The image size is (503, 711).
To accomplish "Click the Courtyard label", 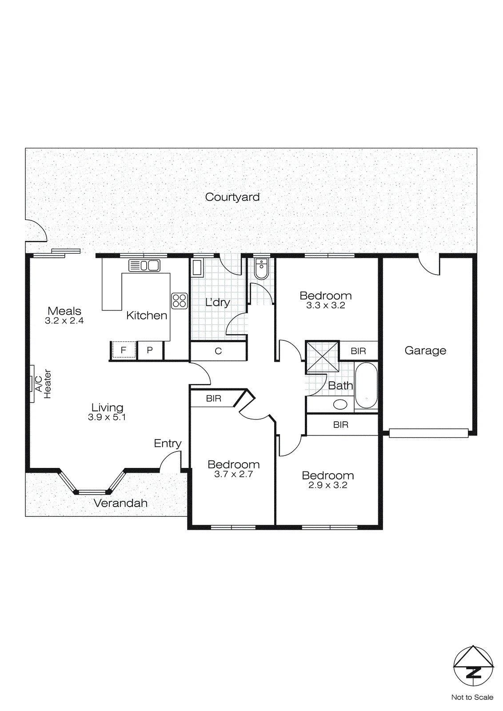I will tap(232, 197).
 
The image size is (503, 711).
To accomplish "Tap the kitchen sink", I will tap(144, 265).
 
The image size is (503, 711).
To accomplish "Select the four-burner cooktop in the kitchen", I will tap(179, 301).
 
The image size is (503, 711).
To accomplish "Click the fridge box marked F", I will tap(123, 350).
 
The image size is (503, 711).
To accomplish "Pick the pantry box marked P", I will tap(150, 350).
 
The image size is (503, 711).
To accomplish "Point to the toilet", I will tap(261, 268).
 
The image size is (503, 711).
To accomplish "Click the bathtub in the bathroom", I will tap(366, 385).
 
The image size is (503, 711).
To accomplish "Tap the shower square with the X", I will tap(322, 356).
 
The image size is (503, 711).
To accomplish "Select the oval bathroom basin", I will tap(340, 404).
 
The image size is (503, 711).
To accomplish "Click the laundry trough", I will tap(197, 268).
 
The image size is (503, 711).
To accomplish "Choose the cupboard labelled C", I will tap(218, 351).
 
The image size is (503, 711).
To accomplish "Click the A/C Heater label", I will tap(43, 384).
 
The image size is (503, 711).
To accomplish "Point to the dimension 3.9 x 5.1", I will tap(107, 417).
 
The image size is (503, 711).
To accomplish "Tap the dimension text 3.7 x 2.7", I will tap(233, 474).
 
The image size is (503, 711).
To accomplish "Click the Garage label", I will tap(425, 351).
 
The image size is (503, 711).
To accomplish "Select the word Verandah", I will tap(120, 503).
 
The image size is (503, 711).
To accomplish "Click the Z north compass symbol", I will tap(473, 672).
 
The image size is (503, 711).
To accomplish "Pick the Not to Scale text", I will tap(472, 697).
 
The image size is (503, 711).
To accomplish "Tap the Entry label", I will tap(168, 443).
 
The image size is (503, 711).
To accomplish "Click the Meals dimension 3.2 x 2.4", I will tap(64, 321).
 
